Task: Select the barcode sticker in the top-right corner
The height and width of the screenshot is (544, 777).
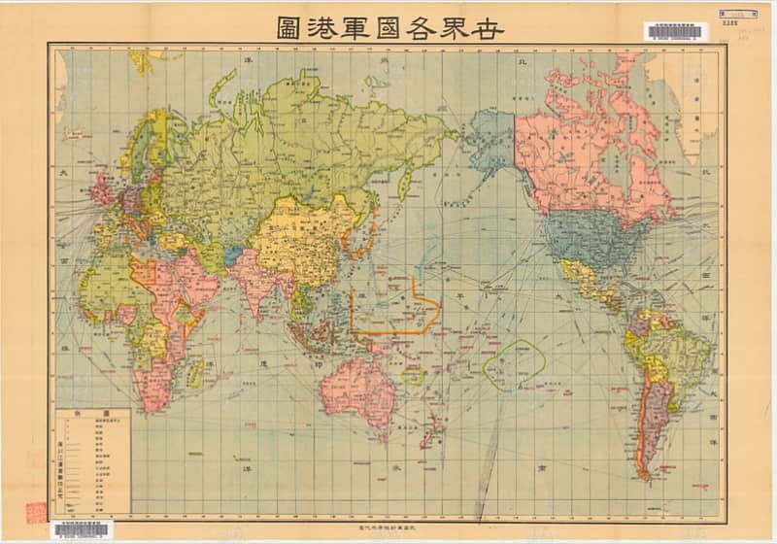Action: [x=675, y=32]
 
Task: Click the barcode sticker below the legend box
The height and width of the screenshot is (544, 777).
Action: [x=82, y=529]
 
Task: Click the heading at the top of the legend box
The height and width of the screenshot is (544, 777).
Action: [x=93, y=413]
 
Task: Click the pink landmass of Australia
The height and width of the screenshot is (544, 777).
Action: [x=358, y=384]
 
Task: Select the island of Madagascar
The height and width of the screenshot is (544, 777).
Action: [x=196, y=372]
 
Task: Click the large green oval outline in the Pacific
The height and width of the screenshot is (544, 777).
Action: [x=514, y=364]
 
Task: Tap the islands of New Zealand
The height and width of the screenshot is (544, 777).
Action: [x=430, y=428]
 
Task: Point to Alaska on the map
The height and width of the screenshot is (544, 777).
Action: [x=490, y=141]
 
